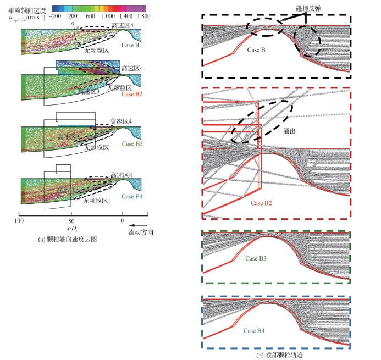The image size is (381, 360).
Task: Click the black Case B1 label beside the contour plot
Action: point(131,46)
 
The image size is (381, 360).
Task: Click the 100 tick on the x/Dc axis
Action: point(19,220)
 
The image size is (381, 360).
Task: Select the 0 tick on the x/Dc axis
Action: point(123,220)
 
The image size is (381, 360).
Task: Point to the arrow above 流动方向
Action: point(140,224)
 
